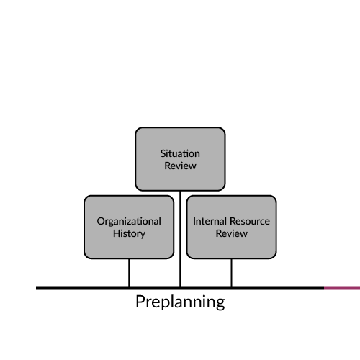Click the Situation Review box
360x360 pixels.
[180, 159]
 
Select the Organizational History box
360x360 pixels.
[129, 227]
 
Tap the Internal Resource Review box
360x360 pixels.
[231, 227]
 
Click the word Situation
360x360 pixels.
[180, 153]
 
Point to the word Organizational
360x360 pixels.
[129, 222]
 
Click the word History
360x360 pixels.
[129, 234]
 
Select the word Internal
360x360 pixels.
[210, 221]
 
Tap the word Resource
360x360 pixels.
[249, 221]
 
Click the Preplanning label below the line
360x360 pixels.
[180, 302]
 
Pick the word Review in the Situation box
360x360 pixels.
[180, 166]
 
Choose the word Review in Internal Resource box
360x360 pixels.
[232, 233]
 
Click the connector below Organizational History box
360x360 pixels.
[129, 273]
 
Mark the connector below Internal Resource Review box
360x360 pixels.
[231, 273]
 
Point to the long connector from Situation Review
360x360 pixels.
[180, 239]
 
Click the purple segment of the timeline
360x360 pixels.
[342, 288]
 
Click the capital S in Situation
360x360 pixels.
[163, 153]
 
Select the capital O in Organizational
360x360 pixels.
[101, 221]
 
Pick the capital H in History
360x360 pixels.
[117, 233]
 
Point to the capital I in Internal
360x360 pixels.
[194, 221]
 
